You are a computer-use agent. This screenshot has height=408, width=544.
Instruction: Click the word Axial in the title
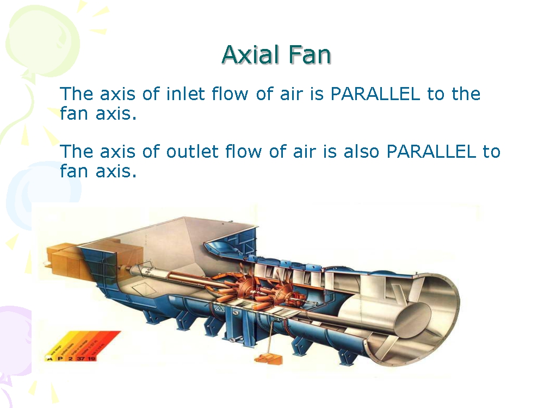(x=250, y=55)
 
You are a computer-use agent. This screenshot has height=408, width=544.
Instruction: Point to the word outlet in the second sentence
(x=187, y=151)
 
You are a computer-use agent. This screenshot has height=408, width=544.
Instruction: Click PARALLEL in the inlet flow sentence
(x=375, y=94)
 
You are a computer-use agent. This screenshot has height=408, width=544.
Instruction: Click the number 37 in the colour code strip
(x=80, y=358)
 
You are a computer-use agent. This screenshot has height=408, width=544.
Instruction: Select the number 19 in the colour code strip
(x=90, y=358)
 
